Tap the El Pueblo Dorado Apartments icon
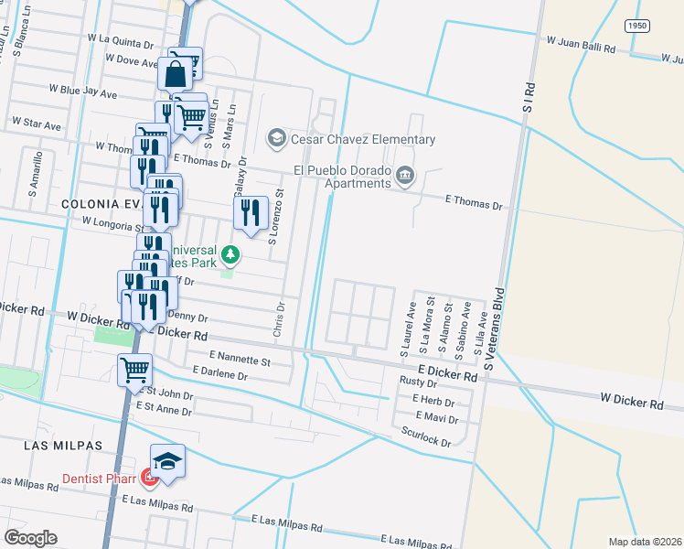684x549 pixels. pos(405,176)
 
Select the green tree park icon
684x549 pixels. pos(232,253)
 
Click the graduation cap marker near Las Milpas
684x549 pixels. pos(167,461)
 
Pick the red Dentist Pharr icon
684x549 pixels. pos(148,478)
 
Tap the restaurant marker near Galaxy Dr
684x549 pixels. pos(251,214)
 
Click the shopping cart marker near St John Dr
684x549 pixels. pos(134,371)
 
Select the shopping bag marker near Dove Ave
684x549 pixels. pos(176,72)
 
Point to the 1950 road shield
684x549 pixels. pos(638,27)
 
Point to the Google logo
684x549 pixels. pos(31,538)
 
